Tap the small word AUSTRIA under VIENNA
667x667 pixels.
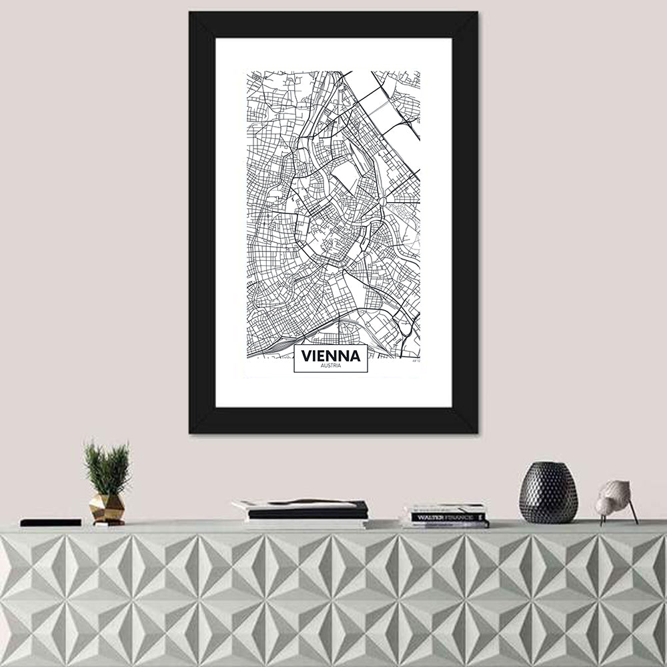click(x=329, y=367)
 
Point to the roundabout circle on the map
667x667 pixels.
click(x=382, y=199)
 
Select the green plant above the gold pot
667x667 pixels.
click(x=107, y=467)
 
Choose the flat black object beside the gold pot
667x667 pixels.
click(x=51, y=522)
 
